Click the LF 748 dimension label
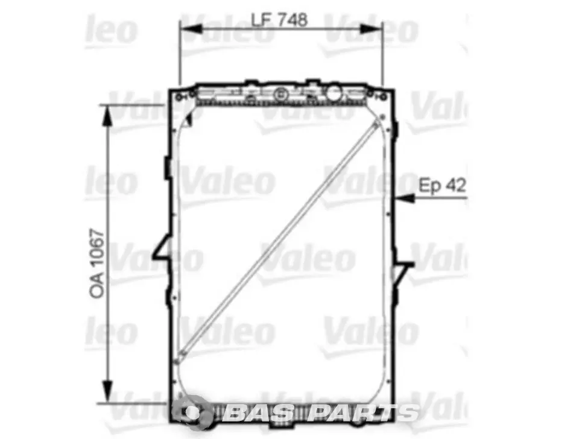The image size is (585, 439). tap(279, 19)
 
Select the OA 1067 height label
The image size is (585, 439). tap(96, 264)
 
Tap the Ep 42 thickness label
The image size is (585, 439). tap(443, 186)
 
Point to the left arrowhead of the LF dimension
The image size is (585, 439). tap(190, 29)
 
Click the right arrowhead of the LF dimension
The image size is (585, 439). tap(372, 29)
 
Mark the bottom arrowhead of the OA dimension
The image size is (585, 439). tap(107, 391)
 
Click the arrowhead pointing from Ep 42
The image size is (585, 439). tap(405, 198)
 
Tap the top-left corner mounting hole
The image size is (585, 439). tap(179, 97)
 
